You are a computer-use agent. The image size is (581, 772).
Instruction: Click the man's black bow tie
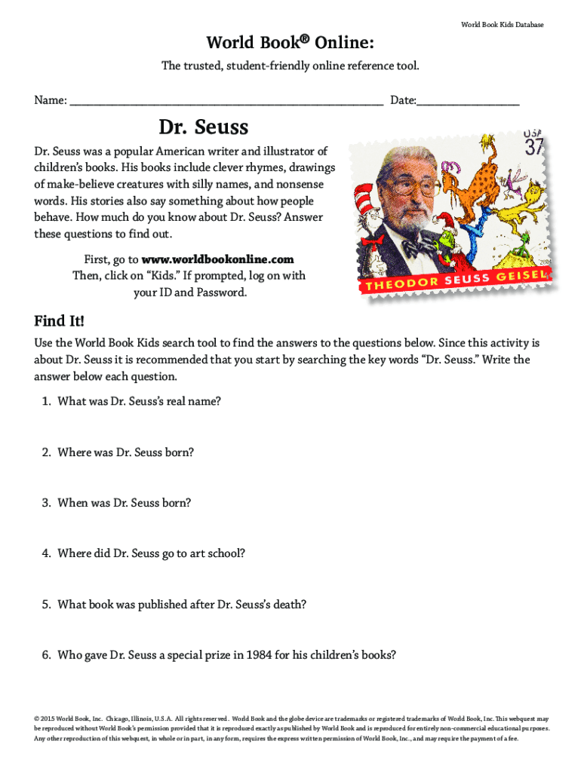click(417, 247)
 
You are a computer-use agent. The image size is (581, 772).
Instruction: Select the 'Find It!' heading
click(59, 321)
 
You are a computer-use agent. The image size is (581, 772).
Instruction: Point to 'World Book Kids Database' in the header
click(502, 25)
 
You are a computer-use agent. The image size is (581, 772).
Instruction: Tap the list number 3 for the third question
click(46, 503)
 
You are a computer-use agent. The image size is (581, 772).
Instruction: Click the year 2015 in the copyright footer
click(48, 718)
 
